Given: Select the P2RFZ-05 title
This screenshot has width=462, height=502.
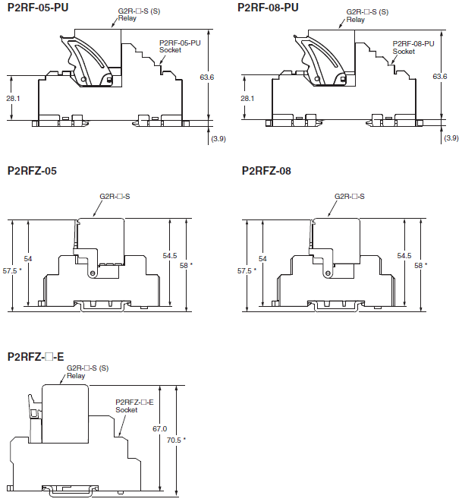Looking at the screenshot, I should click(32, 171).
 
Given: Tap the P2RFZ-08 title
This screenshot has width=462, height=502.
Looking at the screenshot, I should click(266, 171).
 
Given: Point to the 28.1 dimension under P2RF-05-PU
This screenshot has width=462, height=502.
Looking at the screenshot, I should click(14, 99).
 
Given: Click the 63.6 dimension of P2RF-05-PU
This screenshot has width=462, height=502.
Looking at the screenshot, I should click(207, 77).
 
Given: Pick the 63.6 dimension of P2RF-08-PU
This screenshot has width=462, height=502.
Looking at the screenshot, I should click(440, 77).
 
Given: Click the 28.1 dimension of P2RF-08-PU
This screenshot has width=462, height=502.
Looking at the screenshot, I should click(247, 99).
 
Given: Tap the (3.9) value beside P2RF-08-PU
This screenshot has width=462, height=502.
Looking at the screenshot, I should click(451, 138).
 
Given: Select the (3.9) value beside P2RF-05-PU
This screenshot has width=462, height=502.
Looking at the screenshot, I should click(218, 138).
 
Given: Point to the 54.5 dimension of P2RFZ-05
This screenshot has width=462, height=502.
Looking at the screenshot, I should click(171, 256).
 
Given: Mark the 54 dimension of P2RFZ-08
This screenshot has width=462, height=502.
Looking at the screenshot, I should click(262, 259).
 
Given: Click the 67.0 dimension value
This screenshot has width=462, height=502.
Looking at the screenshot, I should click(160, 429).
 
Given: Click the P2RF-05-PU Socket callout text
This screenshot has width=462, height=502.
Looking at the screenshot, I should click(180, 46).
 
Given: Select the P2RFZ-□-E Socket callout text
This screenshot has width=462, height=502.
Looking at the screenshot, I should click(134, 406).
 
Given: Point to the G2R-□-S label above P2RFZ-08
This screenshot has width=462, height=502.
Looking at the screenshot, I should click(350, 197).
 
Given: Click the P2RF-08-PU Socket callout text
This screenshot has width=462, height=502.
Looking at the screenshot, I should click(413, 47).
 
